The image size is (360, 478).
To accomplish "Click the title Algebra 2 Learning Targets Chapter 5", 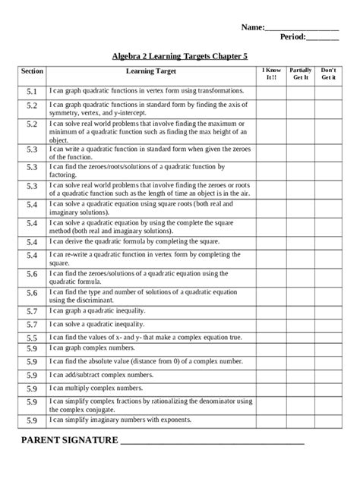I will tap(179, 56).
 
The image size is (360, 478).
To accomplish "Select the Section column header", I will tap(32, 71).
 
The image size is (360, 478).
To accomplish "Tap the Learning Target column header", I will tap(150, 71).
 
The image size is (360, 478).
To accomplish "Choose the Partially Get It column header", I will tap(301, 74).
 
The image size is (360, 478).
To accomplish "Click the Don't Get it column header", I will tap(329, 74).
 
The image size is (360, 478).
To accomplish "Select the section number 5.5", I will tap(32, 338).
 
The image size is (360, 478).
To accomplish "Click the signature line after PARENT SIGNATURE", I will tap(213, 442).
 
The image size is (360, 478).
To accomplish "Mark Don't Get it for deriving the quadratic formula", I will tap(329, 242).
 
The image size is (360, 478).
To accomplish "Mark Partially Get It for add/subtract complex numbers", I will tap(301, 375).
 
